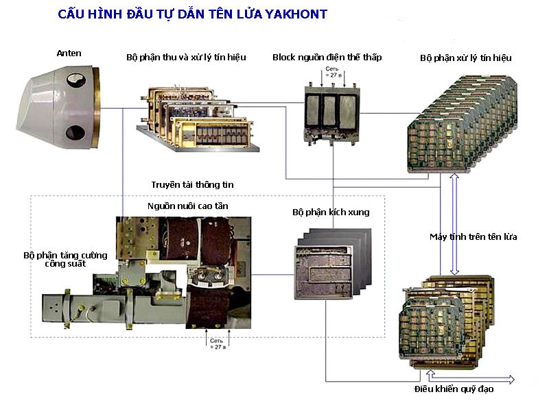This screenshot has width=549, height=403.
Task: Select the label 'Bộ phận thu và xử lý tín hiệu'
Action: pos(186,58)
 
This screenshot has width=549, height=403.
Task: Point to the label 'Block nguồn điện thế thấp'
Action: pos(327,58)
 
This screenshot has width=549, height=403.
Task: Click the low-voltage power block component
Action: pos(334,112)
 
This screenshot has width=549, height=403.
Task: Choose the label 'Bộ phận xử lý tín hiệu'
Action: pos(465,58)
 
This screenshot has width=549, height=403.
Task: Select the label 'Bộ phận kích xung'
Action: pos(330,212)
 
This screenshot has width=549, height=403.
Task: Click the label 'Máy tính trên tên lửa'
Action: pos(473,237)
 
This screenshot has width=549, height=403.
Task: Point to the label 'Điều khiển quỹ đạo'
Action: pos(454,389)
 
